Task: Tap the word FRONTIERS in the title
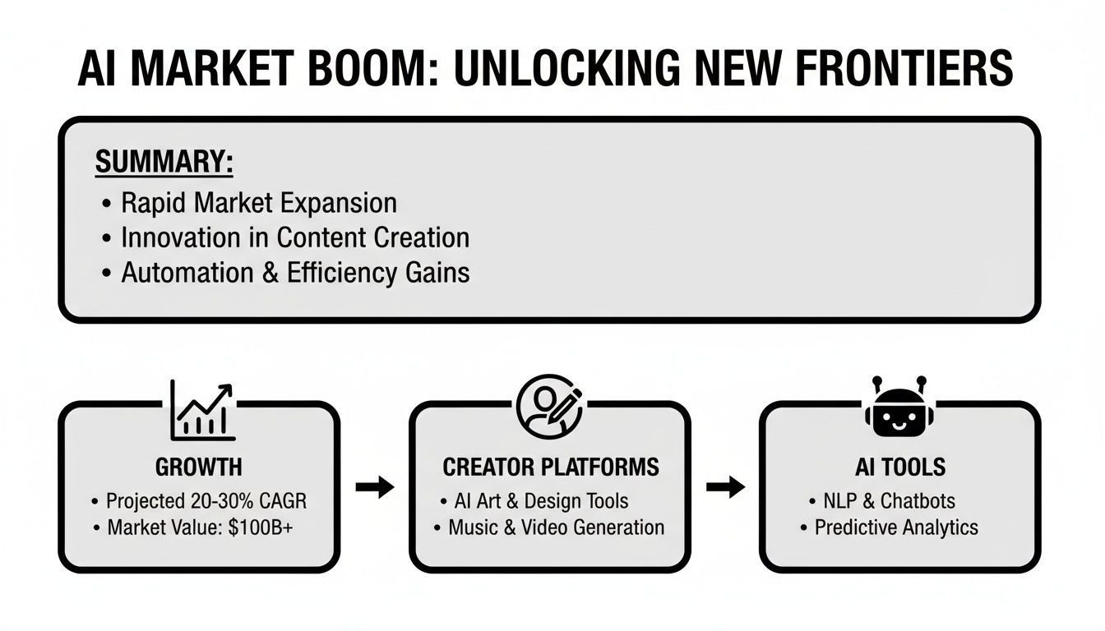point(904,68)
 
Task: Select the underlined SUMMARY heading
point(164,161)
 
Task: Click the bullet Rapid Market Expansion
point(259,203)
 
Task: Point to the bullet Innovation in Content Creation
point(295,237)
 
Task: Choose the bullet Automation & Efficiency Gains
point(295,272)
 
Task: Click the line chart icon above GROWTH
point(202,410)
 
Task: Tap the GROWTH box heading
point(199,467)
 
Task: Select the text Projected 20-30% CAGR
point(206,501)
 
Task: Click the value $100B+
point(261,527)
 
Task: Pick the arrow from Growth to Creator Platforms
point(375,487)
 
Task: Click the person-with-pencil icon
point(549,407)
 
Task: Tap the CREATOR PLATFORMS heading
point(551,467)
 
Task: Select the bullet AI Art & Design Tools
point(541,501)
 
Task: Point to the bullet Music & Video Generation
point(556,527)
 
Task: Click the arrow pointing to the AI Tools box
point(726,487)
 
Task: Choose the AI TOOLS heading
point(900,467)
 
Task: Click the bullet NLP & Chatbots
point(889,501)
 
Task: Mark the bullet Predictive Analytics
point(896,527)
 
